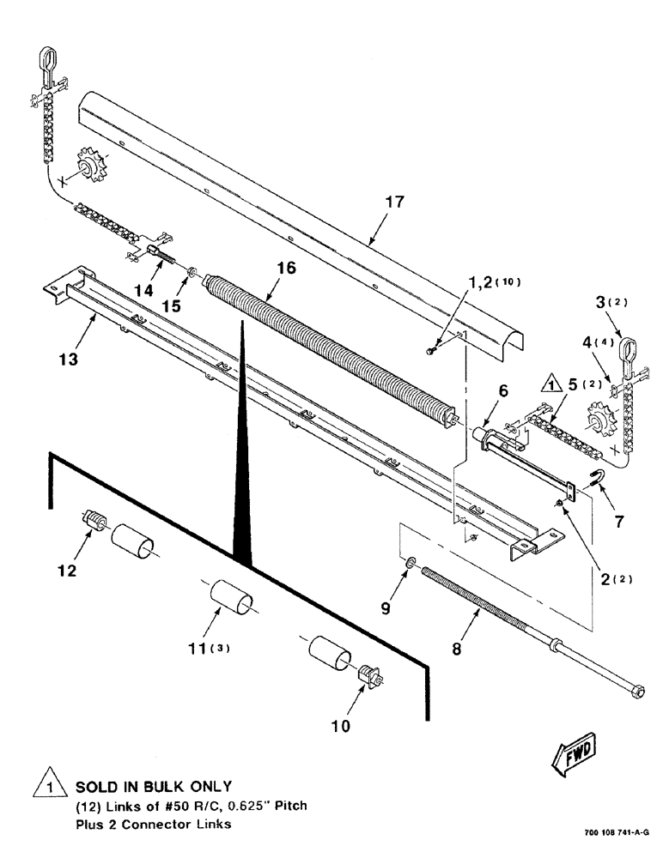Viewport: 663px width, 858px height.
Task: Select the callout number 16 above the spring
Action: click(x=286, y=269)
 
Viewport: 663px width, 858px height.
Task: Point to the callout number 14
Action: click(x=143, y=291)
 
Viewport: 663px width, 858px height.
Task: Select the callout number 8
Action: click(x=456, y=650)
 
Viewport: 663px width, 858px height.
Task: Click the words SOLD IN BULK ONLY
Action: click(x=154, y=787)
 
